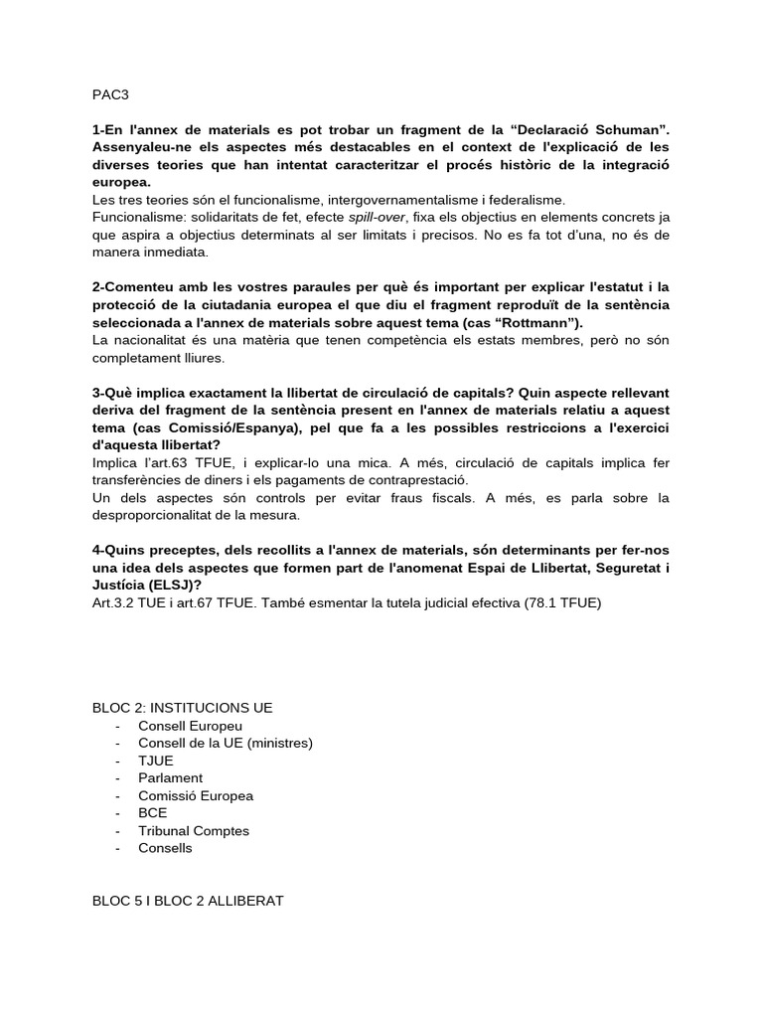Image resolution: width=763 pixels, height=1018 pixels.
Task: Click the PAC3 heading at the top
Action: (110, 94)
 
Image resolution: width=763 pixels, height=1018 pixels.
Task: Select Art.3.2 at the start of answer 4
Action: (114, 603)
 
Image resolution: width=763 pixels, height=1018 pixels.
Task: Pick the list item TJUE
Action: (156, 761)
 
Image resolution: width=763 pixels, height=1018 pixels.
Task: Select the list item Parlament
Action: (171, 778)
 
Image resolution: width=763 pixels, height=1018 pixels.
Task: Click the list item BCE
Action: (153, 813)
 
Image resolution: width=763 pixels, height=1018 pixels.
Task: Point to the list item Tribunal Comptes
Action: (194, 831)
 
